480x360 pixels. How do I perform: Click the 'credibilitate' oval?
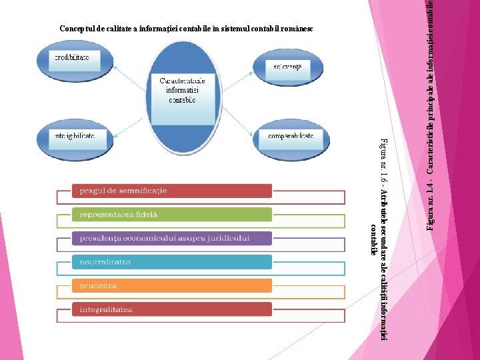71,59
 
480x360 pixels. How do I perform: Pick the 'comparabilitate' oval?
291,137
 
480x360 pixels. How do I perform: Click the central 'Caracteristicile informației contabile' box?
181,91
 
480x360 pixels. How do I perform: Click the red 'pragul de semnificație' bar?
172,191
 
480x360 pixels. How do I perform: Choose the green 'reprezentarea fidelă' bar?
172,215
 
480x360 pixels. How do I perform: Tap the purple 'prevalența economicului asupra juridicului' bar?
172,238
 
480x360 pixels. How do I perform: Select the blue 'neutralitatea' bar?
172,262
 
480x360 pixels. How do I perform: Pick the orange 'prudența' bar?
172,285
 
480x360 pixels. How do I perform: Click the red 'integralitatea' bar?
172,309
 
